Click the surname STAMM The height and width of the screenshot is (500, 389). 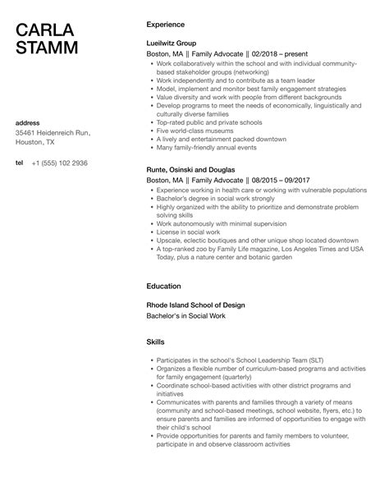[48, 48]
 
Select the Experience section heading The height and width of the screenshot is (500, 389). [165, 25]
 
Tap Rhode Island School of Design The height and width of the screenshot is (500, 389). [195, 305]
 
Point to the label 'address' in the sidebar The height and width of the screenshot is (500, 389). [29, 123]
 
